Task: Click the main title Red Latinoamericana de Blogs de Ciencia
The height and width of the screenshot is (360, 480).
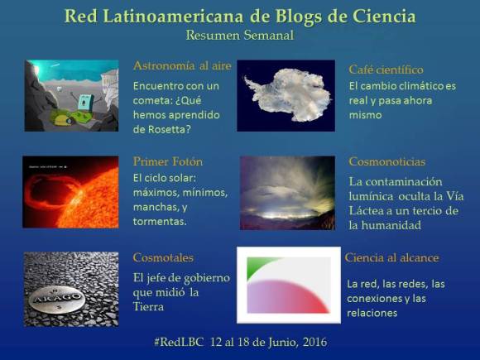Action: click(240, 16)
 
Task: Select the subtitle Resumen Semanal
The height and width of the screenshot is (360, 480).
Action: click(240, 36)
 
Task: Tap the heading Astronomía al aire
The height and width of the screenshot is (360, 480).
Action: click(182, 65)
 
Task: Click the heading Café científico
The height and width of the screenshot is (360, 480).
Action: click(386, 70)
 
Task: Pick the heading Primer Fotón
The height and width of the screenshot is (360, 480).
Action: click(168, 161)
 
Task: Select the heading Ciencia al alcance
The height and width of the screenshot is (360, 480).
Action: click(391, 257)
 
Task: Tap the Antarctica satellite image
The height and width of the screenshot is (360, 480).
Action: click(287, 95)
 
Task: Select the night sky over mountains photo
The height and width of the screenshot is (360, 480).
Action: click(287, 192)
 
